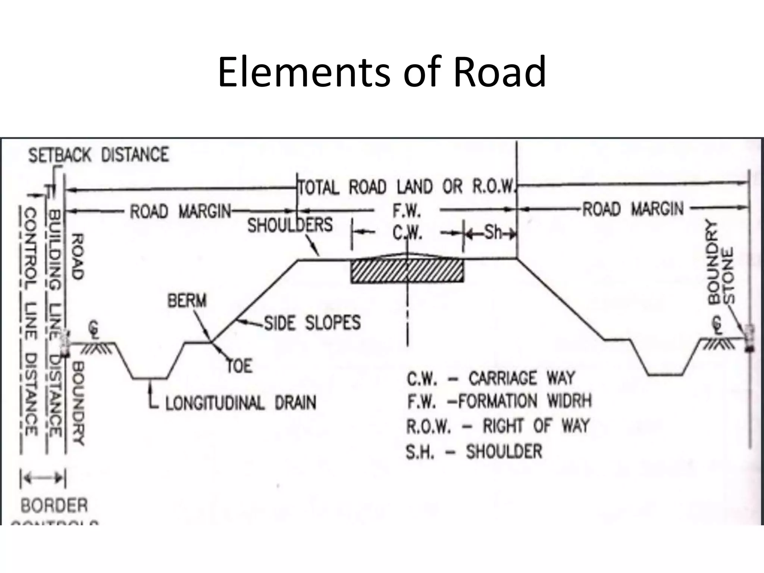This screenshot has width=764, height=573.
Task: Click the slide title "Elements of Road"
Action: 382,72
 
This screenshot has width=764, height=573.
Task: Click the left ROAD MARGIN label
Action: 181,212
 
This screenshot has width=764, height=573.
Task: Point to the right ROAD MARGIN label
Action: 633,209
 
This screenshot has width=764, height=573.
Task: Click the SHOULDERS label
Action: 290,225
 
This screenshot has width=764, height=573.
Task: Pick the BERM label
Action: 187,301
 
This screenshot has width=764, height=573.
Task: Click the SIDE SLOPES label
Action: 313,323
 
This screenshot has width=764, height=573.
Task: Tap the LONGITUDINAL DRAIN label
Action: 241,403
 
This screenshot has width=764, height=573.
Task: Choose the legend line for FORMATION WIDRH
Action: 499,402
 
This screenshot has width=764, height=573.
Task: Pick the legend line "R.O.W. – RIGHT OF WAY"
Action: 498,426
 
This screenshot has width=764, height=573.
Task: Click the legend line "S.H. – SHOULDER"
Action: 474,452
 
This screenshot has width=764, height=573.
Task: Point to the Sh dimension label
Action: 493,233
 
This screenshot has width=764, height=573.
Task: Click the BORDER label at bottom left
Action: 54,506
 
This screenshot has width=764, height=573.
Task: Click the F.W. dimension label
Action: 407,212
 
